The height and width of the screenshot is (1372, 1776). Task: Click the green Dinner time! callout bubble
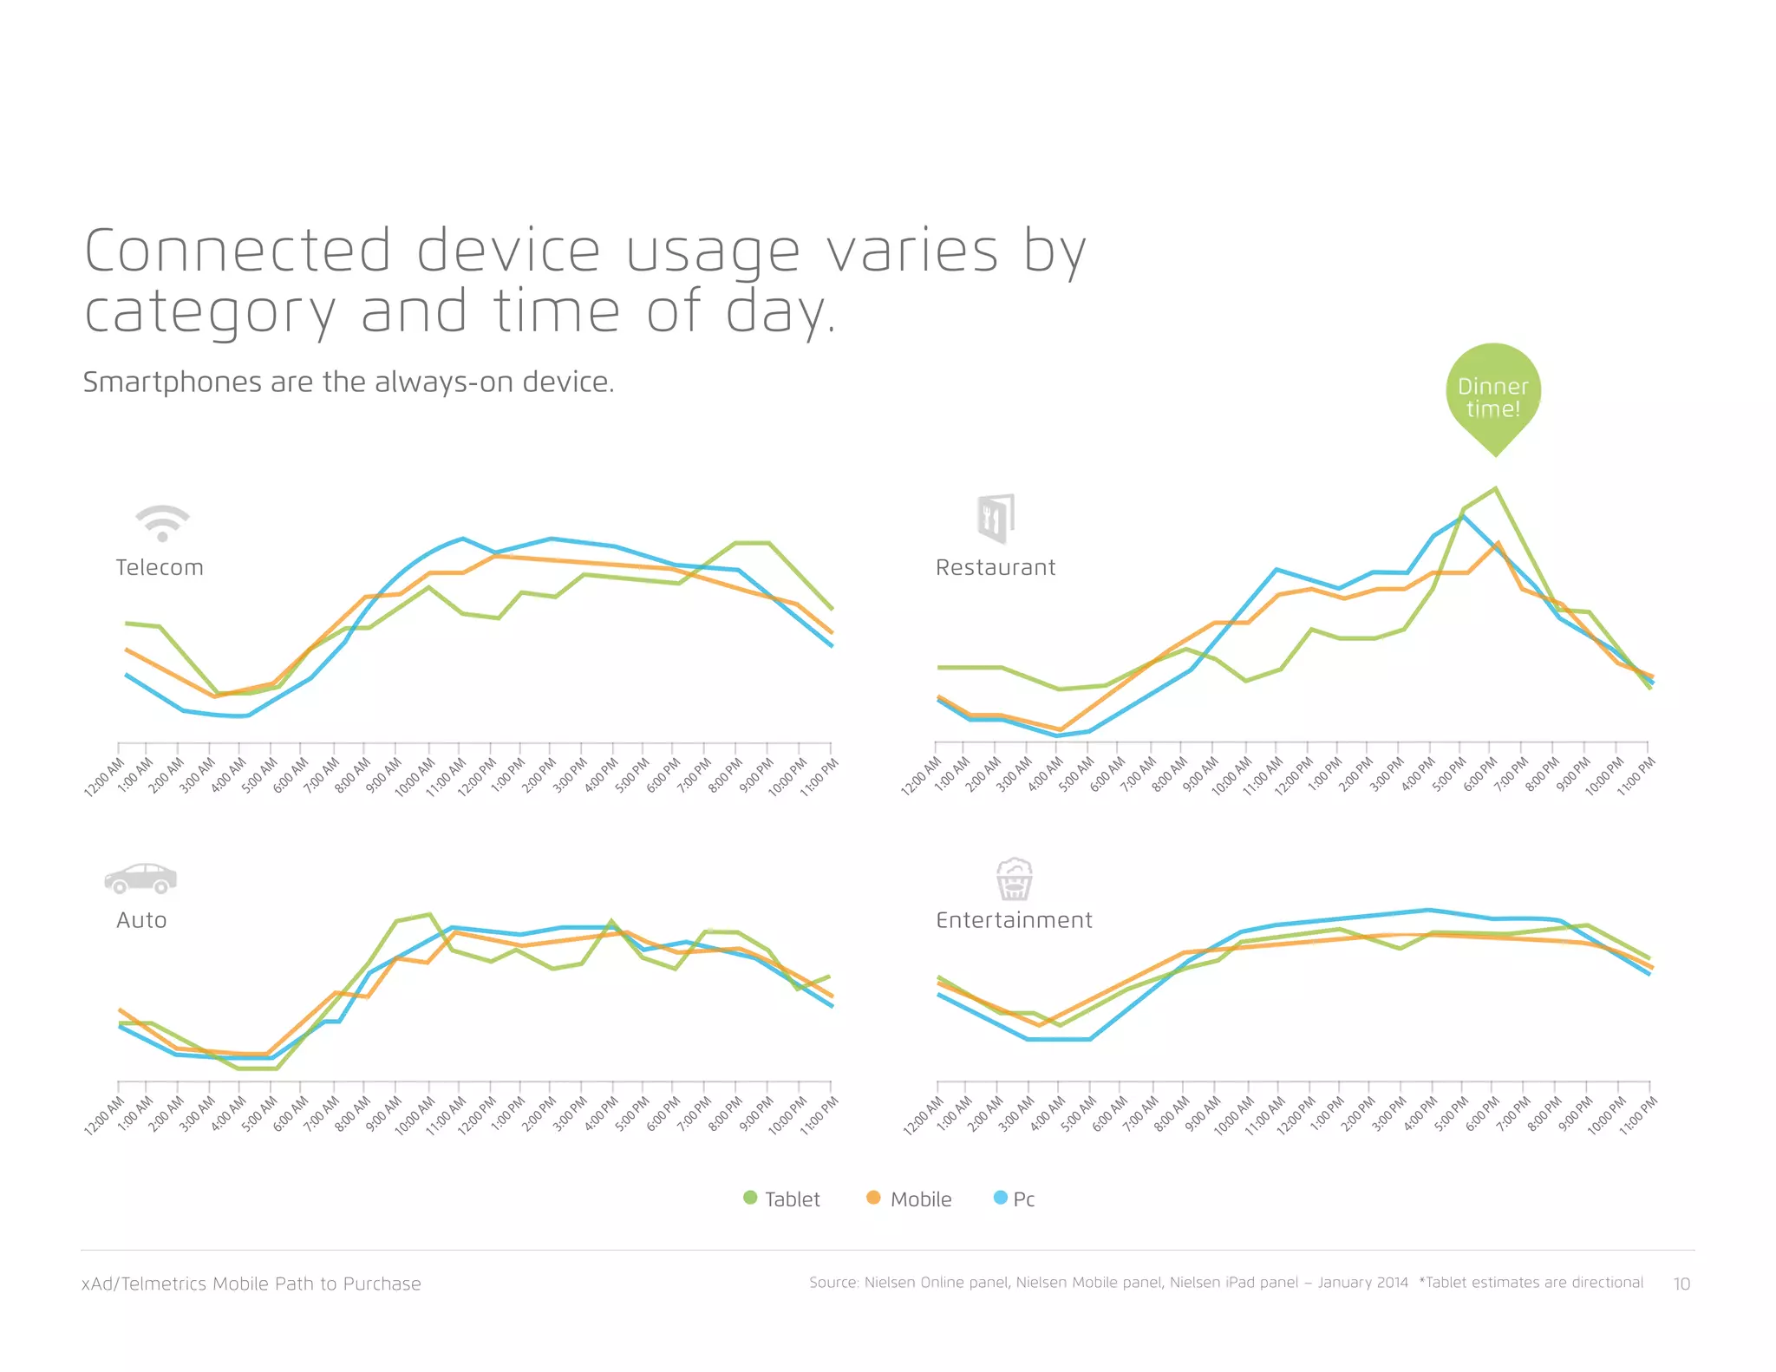coord(1492,395)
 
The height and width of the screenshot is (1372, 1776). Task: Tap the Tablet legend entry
coord(781,1199)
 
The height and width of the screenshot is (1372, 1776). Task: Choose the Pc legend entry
coord(1014,1199)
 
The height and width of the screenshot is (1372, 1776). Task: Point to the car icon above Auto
coord(140,879)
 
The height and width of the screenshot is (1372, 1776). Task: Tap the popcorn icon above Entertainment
coord(1014,879)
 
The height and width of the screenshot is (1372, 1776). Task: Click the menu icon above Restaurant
coord(995,519)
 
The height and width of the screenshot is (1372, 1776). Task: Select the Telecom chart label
coord(160,567)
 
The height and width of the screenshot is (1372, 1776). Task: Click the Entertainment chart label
coord(1014,920)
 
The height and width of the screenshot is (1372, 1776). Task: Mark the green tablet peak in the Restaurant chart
coord(1495,488)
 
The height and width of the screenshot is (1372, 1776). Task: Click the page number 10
coord(1681,1284)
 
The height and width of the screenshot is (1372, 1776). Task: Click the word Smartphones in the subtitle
coord(172,382)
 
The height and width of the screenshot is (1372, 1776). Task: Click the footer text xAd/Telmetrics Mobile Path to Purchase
coord(251,1284)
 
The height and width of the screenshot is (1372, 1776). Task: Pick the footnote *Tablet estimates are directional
coord(1531,1283)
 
